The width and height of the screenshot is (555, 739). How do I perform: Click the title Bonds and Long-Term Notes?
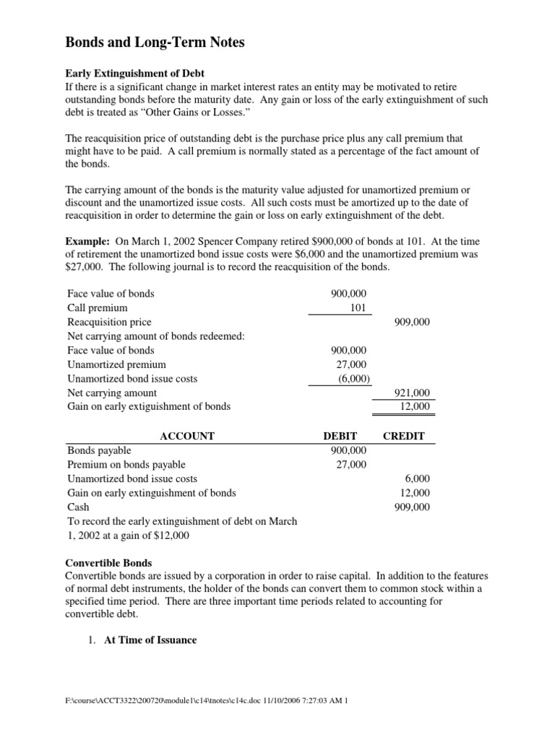point(155,43)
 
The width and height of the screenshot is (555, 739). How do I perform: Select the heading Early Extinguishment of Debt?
point(134,74)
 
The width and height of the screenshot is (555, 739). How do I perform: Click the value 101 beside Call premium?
point(358,308)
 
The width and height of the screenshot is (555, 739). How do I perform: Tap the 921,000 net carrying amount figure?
point(412,393)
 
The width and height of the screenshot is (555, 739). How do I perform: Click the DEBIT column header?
point(340,436)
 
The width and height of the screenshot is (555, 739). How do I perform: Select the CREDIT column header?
point(403,436)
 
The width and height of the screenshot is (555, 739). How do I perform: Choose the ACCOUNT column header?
point(186,436)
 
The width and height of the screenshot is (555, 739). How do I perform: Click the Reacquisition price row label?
point(109,322)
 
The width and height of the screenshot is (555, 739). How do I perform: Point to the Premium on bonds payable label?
point(126,464)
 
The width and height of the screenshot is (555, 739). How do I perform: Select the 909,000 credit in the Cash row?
point(412,507)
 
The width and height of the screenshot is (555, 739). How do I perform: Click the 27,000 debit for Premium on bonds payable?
point(351,464)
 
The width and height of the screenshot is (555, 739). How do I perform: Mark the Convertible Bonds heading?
point(108,563)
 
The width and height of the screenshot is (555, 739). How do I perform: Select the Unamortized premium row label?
point(116,364)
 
